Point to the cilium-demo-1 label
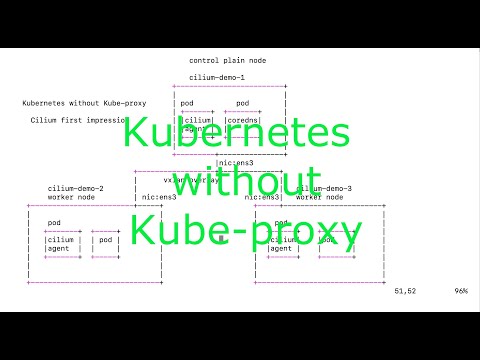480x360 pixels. [x=217, y=77]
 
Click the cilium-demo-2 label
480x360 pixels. [x=76, y=188]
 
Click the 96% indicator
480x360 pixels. [x=461, y=291]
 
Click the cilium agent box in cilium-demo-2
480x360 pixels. [x=61, y=244]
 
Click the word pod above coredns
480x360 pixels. [x=243, y=103]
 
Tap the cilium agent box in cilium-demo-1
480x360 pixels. [x=197, y=124]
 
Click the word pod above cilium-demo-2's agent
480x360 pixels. [x=54, y=222]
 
